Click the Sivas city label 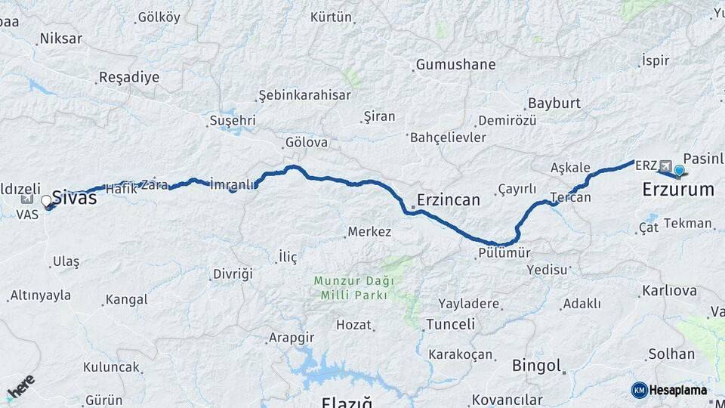[74, 197]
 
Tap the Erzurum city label [677, 190]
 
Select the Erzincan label [448, 200]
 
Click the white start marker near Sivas [47, 201]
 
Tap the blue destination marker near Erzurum [679, 170]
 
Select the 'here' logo [20, 386]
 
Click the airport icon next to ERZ [665, 165]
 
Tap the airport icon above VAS [28, 199]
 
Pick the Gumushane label [455, 64]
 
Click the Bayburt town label [554, 103]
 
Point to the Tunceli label [450, 324]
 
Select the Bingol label [536, 366]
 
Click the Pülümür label [504, 254]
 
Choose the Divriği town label [232, 274]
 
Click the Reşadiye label [129, 77]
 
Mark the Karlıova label [669, 290]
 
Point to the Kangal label [126, 299]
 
